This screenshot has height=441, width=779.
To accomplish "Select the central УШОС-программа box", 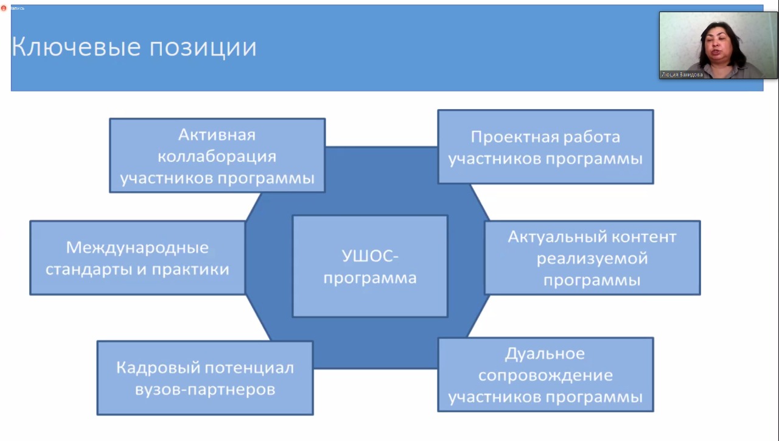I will (x=370, y=266).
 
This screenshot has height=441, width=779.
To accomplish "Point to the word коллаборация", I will (x=217, y=157).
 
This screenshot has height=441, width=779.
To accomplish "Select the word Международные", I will (x=138, y=248).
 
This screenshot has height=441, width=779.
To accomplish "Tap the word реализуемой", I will (x=592, y=258).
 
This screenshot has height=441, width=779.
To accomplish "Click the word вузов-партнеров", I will (x=205, y=389).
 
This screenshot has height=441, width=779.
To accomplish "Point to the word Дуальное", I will (x=545, y=353).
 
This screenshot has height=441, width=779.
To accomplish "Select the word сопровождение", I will (x=545, y=375).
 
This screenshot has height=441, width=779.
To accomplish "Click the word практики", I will (x=193, y=269).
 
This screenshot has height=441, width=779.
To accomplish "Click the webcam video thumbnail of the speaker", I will (x=718, y=43).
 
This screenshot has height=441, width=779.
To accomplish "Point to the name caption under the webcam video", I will (x=682, y=75).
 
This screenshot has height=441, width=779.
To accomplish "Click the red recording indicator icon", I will (x=4, y=8).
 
